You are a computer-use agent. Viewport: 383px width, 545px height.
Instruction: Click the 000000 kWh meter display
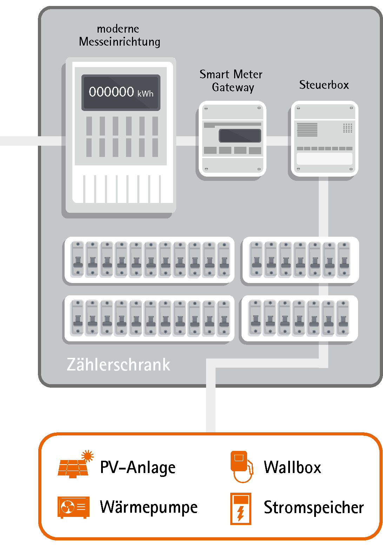[x=121, y=92]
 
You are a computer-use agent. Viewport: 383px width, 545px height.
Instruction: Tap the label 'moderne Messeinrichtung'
[x=119, y=35]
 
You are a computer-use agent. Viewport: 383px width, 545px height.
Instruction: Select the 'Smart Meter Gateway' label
[x=231, y=80]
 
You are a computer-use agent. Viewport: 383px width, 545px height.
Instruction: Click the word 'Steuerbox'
[x=324, y=85]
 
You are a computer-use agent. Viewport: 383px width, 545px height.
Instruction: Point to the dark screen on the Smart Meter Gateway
[x=240, y=136]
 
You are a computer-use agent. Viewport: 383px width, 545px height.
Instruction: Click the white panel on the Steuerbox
[x=324, y=158]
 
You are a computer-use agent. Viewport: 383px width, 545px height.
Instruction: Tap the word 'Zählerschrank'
[x=118, y=365]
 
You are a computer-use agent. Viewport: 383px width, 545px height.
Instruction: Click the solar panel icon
[x=73, y=468]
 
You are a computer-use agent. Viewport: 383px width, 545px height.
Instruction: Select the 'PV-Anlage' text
[x=138, y=467]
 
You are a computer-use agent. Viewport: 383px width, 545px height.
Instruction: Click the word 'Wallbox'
[x=292, y=467]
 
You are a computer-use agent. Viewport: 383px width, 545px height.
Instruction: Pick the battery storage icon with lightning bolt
[x=241, y=508]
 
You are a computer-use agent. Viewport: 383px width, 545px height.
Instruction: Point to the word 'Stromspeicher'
[x=313, y=508]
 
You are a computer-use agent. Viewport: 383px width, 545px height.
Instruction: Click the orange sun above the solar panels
[x=87, y=456]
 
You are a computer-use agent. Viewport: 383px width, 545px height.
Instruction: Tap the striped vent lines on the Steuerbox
[x=307, y=130]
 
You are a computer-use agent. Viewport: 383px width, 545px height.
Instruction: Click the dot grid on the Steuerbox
[x=348, y=128]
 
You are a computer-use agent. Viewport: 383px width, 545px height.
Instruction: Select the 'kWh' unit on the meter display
[x=145, y=94]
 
